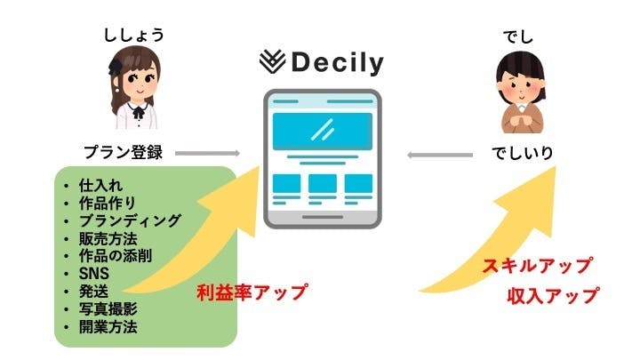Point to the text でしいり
[523, 152]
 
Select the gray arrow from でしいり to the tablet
[440, 155]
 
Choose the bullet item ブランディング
[130, 220]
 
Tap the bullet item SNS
[92, 273]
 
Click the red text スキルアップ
[536, 266]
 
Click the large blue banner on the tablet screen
[322, 130]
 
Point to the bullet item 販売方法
[109, 237]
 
